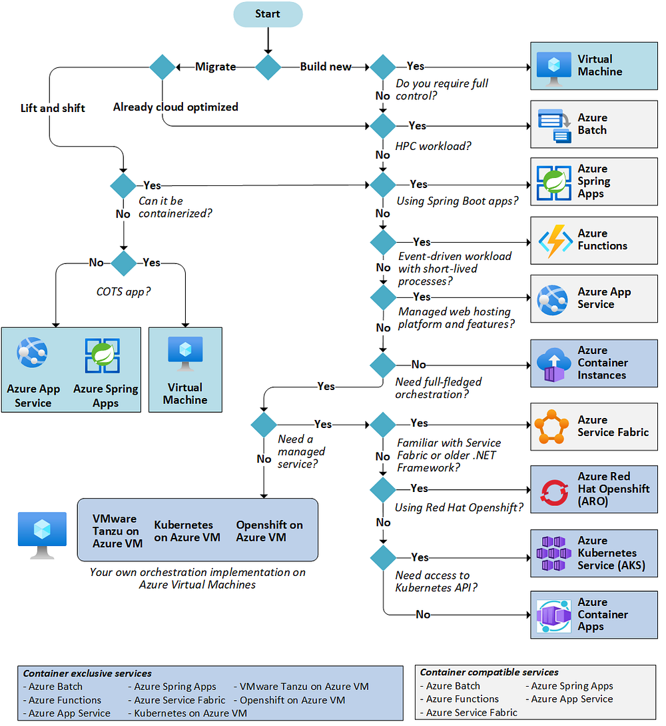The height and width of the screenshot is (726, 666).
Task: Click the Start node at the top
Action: pyautogui.click(x=268, y=14)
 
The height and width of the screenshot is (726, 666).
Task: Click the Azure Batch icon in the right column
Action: pyautogui.click(x=554, y=125)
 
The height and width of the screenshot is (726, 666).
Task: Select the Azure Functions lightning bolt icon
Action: pyautogui.click(x=554, y=241)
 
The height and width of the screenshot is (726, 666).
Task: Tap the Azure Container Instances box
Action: pyautogui.click(x=593, y=363)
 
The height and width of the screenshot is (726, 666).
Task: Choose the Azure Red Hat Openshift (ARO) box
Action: pyautogui.click(x=593, y=489)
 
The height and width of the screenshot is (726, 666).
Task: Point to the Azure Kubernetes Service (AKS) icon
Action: pyautogui.click(x=554, y=553)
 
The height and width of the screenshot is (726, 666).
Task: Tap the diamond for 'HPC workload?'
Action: pyautogui.click(x=383, y=126)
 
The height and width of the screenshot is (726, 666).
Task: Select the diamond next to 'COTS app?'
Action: pyautogui.click(x=124, y=263)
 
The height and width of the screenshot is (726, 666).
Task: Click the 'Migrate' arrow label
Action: pyautogui.click(x=215, y=67)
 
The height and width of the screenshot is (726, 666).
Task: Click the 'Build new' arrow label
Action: pyautogui.click(x=326, y=67)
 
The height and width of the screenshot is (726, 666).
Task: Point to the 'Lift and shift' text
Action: pyautogui.click(x=53, y=108)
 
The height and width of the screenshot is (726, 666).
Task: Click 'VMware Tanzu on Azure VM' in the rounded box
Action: pyautogui.click(x=117, y=531)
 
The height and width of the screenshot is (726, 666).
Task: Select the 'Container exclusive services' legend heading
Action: pyautogui.click(x=87, y=673)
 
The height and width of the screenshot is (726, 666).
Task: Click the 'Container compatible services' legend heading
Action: pyautogui.click(x=489, y=672)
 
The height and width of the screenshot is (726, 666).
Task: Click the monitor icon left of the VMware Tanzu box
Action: pyautogui.click(x=43, y=535)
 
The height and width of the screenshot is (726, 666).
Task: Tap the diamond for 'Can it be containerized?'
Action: pyautogui.click(x=123, y=185)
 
